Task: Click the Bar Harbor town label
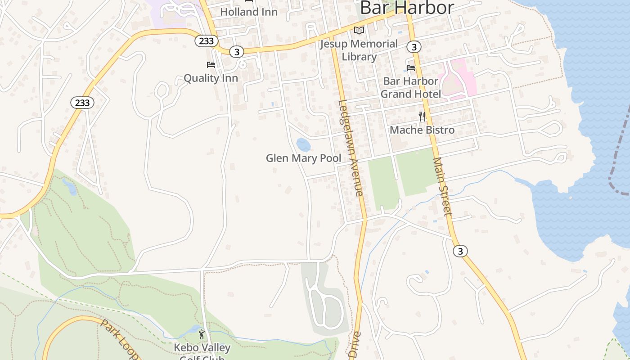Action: tap(407, 8)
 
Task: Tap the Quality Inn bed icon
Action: tap(211, 65)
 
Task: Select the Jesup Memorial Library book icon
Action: tap(359, 31)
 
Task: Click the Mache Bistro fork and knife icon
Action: tap(422, 117)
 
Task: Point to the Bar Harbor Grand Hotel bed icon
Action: tap(411, 68)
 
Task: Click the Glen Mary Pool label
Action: tap(303, 158)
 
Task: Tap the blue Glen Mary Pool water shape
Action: tap(303, 145)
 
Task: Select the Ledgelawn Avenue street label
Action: tap(351, 148)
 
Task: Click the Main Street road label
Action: tap(441, 186)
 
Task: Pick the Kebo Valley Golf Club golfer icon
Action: tap(202, 334)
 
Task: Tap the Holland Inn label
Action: tap(248, 12)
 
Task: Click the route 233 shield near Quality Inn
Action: tap(207, 41)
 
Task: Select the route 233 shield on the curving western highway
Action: tap(82, 103)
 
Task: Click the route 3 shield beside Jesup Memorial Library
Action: tap(414, 46)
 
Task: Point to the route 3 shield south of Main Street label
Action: tap(459, 251)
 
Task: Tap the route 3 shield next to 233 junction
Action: tap(236, 52)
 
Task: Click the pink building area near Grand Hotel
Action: tap(459, 79)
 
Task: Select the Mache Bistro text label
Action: tap(422, 130)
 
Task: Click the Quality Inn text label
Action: tap(211, 78)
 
